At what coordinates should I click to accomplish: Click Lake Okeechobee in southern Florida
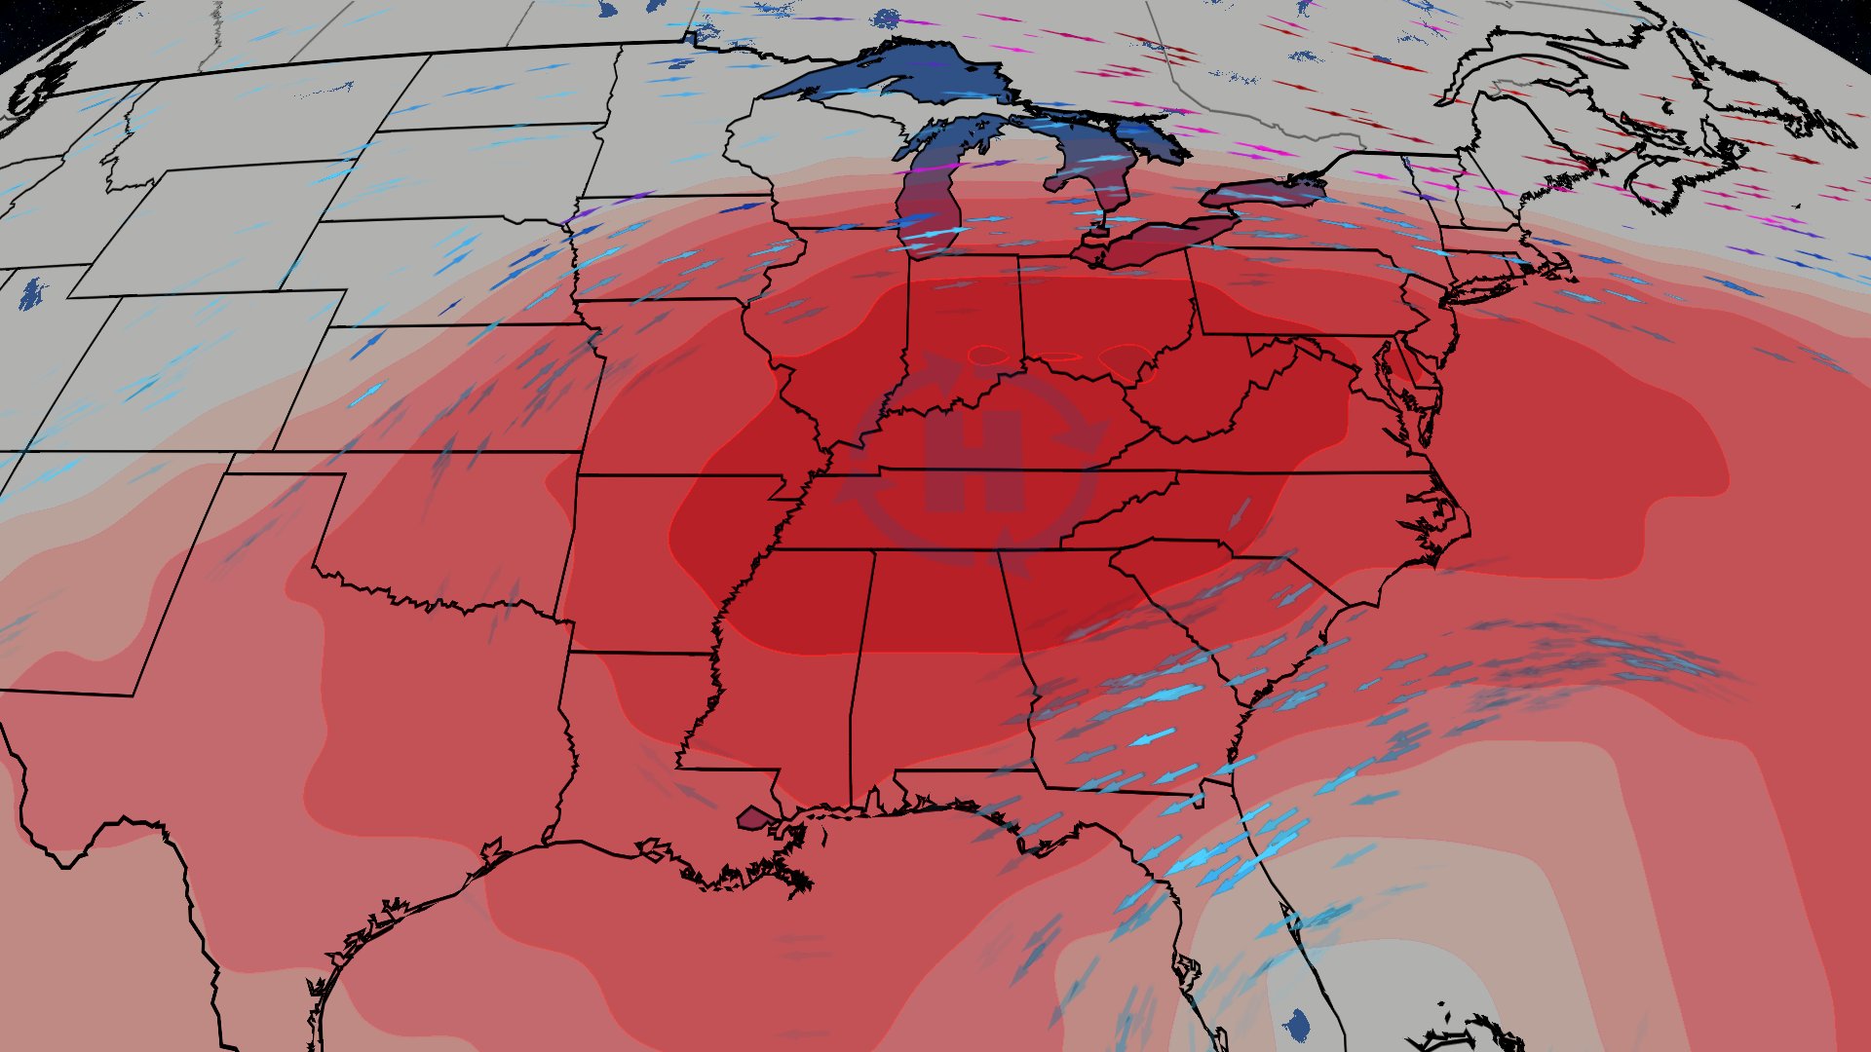tap(1297, 1024)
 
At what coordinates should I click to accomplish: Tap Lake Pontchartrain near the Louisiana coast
tap(753, 817)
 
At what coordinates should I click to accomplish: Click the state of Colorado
tap(195, 370)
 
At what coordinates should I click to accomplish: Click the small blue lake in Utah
tap(32, 292)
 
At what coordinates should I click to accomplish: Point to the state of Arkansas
tap(663, 565)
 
